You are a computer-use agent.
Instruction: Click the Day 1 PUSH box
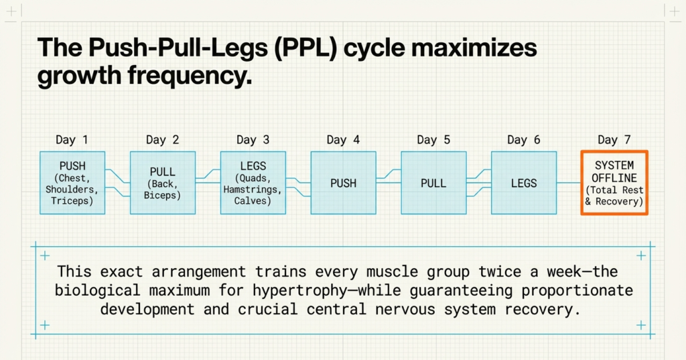coord(72,182)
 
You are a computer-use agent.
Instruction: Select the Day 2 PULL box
coord(163,182)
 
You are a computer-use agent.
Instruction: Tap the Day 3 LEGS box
coord(253,182)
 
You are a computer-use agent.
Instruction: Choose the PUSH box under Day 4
coord(343,182)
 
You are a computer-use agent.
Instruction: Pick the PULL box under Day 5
coord(433,182)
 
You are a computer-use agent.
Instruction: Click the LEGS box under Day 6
coord(523,182)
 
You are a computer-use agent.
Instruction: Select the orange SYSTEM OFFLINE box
coord(614,182)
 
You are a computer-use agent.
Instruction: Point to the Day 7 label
coord(614,139)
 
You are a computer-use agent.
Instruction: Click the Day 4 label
coord(343,139)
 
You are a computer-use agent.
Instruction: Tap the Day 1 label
coord(72,139)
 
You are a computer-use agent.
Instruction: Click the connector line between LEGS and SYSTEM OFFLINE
coord(568,182)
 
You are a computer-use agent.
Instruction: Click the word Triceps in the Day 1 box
coord(72,200)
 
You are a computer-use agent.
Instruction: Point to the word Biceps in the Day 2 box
coord(163,195)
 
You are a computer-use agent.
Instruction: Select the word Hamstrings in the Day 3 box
coord(253,190)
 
